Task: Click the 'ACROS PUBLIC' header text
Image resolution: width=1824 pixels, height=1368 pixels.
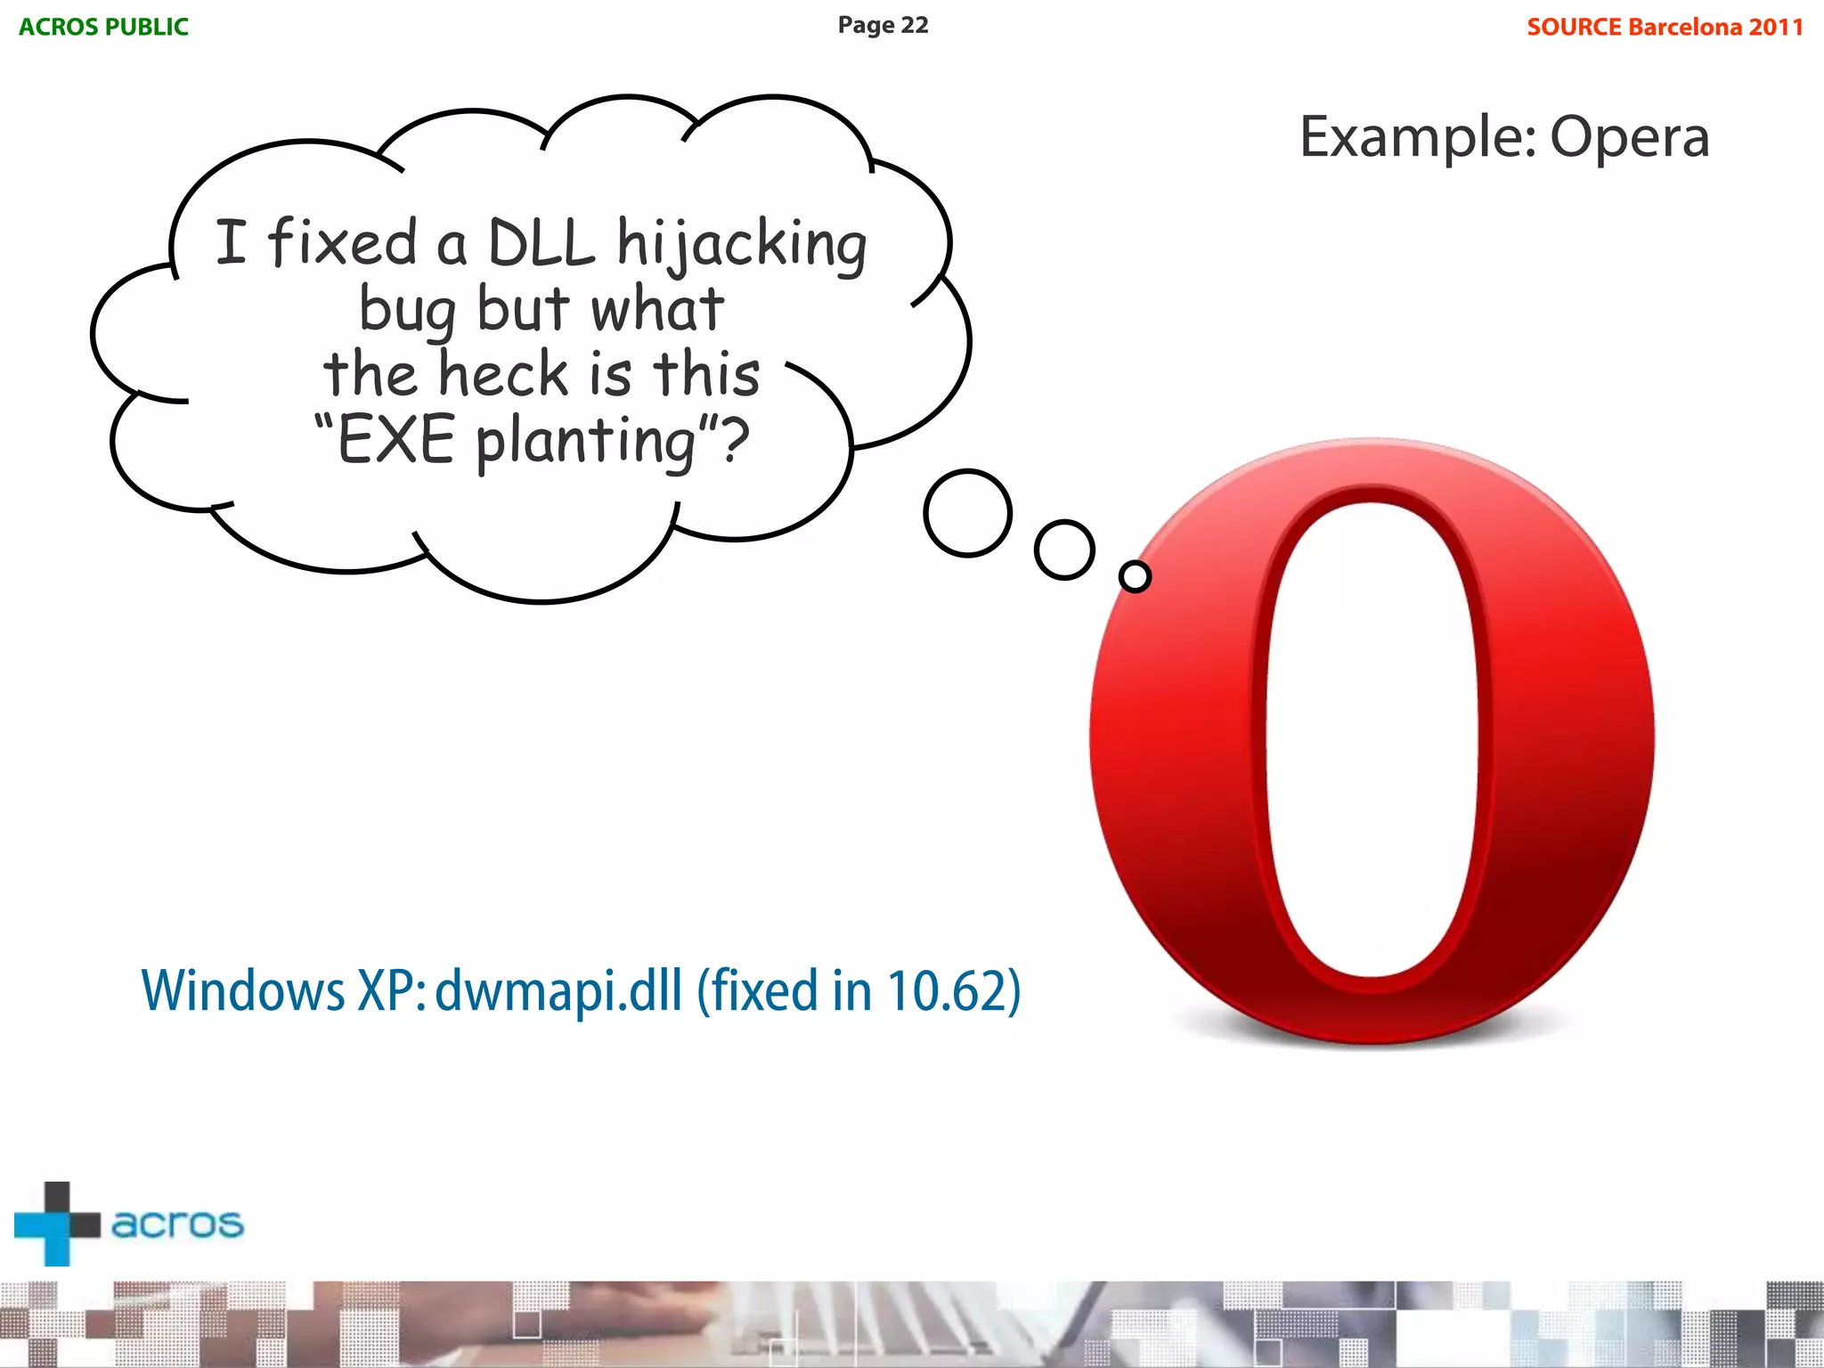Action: click(x=103, y=27)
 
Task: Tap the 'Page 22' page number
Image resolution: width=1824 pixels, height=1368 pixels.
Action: click(x=883, y=25)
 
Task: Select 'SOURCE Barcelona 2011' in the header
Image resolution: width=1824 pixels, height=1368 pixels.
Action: click(x=1665, y=27)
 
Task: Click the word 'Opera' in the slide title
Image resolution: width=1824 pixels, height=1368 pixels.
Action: click(x=1629, y=138)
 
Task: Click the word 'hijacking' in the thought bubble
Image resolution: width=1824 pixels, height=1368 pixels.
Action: click(x=742, y=244)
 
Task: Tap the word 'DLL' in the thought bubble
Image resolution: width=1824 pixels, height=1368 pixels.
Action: click(x=541, y=242)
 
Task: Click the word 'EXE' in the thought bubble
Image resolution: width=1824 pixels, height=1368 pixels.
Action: click(x=396, y=440)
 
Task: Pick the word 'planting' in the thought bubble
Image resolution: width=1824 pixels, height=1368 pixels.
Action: click(x=585, y=442)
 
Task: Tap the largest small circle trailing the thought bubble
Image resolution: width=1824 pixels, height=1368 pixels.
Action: click(x=967, y=513)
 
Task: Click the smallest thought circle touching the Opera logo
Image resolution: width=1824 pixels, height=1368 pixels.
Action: click(x=1135, y=576)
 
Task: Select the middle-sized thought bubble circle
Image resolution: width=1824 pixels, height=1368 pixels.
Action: click(x=1064, y=550)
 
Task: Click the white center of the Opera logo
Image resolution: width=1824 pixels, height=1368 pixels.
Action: click(x=1372, y=739)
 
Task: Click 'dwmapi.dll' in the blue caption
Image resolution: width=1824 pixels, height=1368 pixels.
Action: click(x=558, y=990)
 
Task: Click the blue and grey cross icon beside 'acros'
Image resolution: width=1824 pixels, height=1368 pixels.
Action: click(x=56, y=1224)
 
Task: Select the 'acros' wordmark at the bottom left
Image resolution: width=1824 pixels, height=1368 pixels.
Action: click(x=177, y=1224)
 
